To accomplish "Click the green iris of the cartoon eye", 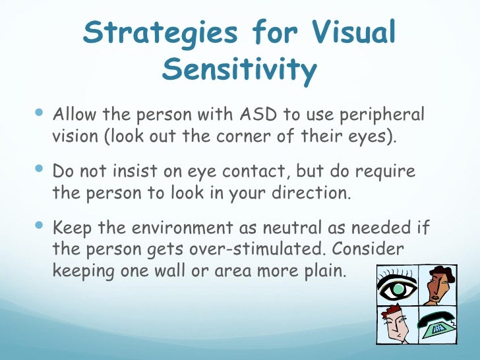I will point(396,288).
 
